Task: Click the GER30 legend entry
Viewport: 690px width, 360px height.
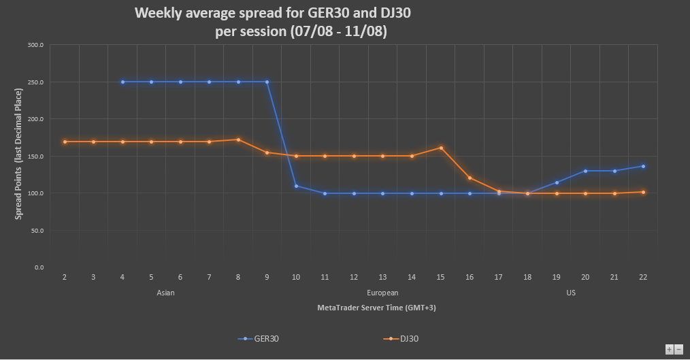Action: [x=258, y=338]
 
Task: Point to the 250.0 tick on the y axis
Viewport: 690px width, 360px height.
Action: [x=35, y=82]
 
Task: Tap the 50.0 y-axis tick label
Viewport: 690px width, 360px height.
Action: [x=37, y=231]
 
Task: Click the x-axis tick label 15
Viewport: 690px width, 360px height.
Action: [x=440, y=277]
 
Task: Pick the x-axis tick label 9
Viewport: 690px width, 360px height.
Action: [x=267, y=277]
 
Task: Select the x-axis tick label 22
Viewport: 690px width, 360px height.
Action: [x=643, y=277]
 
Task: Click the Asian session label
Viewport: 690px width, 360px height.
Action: [x=165, y=293]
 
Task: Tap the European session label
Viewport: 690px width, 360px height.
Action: [x=382, y=293]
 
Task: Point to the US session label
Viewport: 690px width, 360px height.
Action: [x=570, y=293]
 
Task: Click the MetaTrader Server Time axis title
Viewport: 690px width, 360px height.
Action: [x=376, y=308]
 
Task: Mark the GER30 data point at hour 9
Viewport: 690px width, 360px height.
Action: [x=267, y=82]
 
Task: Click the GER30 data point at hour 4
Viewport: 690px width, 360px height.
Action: [x=122, y=82]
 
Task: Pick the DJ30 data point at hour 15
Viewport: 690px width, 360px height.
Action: [x=441, y=148]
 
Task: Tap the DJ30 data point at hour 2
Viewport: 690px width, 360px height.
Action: [x=65, y=142]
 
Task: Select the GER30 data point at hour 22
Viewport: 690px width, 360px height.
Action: [x=643, y=166]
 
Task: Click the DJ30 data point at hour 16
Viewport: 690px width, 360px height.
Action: [x=470, y=178]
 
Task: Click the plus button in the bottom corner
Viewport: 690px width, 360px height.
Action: [x=670, y=349]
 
